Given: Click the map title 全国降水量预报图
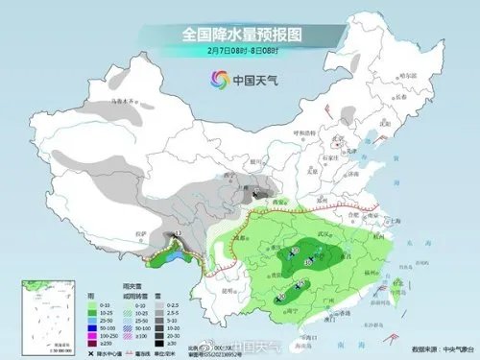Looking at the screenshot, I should point(239,35).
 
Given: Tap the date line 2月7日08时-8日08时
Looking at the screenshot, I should point(239,51).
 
